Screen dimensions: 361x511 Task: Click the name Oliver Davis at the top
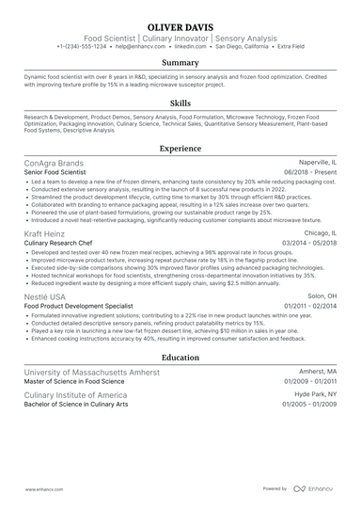click(x=180, y=25)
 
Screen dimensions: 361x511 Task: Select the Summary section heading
click(x=180, y=61)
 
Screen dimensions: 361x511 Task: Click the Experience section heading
click(x=180, y=149)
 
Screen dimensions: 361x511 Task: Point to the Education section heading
click(x=180, y=358)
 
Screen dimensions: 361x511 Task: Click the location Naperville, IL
click(x=314, y=164)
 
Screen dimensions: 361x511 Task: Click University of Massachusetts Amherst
click(x=91, y=373)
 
